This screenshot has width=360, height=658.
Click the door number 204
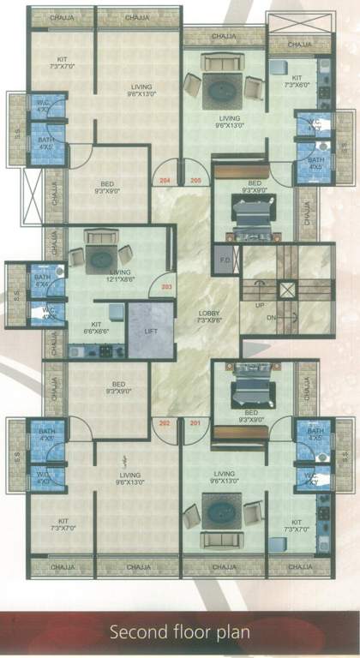165,181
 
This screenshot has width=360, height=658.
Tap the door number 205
195,181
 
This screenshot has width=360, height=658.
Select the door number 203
166,286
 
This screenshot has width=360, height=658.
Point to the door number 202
165,423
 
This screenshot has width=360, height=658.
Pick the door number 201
195,423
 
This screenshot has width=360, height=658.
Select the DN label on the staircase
271,318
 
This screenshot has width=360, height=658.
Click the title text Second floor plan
180,632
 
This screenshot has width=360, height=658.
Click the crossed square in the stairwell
287,290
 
